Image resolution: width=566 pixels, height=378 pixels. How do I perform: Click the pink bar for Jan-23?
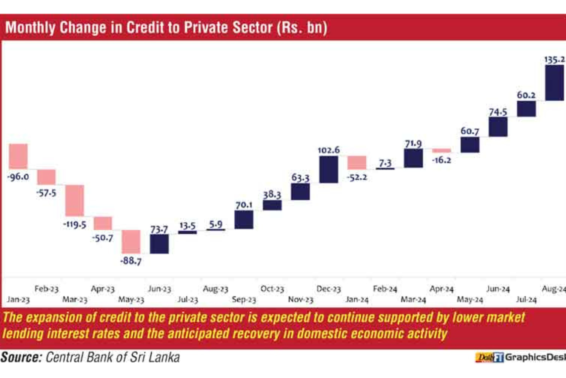tap(18, 156)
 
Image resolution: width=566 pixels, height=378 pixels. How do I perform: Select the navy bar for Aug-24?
tap(554, 83)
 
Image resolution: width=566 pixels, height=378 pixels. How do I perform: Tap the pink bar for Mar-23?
tap(74, 200)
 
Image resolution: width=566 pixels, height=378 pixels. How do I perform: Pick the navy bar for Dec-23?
tap(329, 169)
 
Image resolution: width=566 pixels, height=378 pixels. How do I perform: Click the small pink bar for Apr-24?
tap(441, 150)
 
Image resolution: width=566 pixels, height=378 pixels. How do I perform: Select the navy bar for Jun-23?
tap(159, 244)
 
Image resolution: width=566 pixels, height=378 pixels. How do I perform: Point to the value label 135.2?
tap(554, 59)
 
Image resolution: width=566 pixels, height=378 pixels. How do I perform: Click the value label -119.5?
tap(75, 225)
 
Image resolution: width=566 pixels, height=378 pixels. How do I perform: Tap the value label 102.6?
tap(329, 150)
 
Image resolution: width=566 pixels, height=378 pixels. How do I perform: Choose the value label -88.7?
tap(131, 261)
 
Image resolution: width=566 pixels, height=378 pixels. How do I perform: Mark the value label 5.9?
tap(216, 224)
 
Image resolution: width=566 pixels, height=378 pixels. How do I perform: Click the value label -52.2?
tap(357, 177)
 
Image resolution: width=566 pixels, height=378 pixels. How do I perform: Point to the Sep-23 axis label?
tap(244, 299)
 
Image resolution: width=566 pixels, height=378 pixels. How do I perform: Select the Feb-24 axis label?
tap(385, 289)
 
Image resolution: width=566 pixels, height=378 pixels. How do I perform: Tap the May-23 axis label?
tap(131, 299)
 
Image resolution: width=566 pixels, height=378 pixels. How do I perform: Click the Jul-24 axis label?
tap(526, 299)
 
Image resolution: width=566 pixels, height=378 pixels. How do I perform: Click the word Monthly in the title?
tap(30, 28)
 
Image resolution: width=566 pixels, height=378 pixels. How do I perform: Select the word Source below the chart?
tap(21, 357)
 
